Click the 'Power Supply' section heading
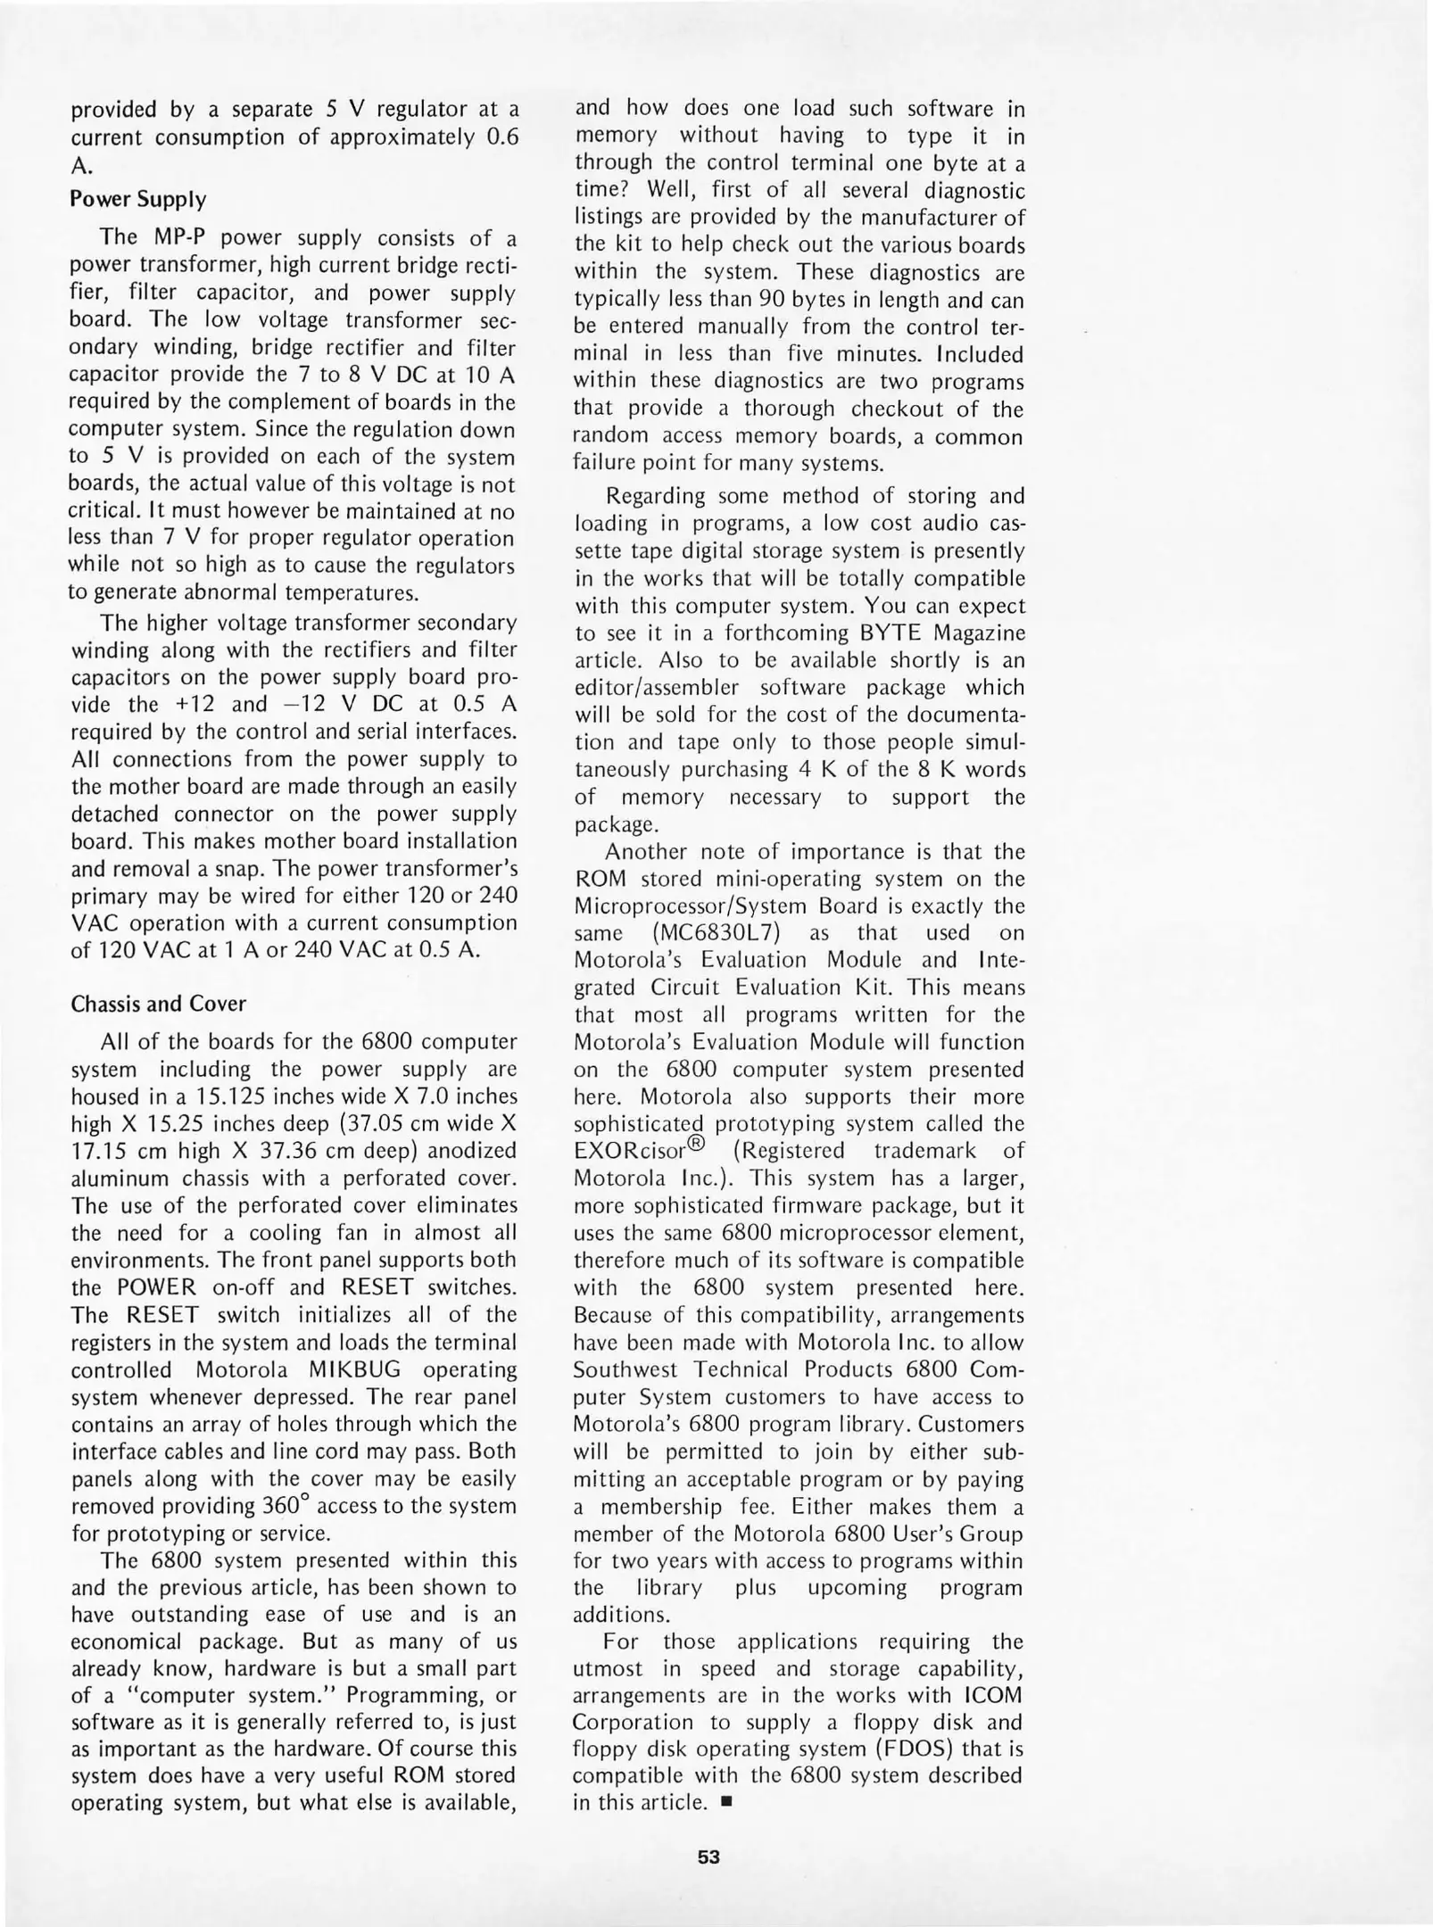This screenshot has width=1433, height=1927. click(137, 199)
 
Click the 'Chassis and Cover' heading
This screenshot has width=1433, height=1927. click(158, 1004)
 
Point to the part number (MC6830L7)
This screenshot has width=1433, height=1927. click(720, 933)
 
